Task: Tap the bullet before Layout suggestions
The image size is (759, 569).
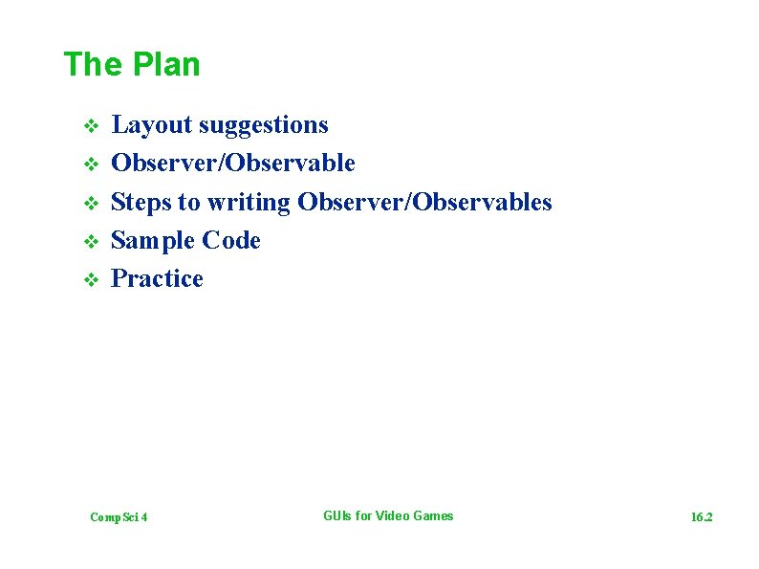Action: tap(90, 126)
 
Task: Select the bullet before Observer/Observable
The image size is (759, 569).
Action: tap(90, 164)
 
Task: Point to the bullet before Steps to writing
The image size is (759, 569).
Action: tap(90, 203)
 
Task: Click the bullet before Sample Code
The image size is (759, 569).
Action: tap(90, 241)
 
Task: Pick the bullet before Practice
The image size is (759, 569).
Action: tap(90, 280)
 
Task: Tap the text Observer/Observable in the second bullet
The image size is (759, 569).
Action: tap(233, 164)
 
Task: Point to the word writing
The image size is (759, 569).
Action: tap(248, 202)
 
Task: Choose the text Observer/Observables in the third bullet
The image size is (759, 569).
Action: tap(424, 202)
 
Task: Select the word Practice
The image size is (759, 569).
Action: tap(157, 278)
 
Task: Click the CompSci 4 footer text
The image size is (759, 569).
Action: tap(119, 517)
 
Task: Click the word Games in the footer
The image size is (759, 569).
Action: tap(434, 516)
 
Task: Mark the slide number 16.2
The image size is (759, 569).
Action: tap(702, 517)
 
